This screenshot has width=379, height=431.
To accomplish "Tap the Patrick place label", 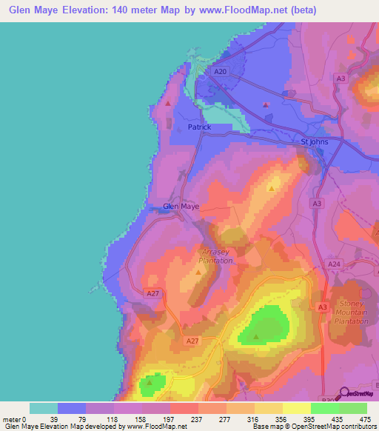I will (x=199, y=127).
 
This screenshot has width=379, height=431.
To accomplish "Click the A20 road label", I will (x=218, y=72).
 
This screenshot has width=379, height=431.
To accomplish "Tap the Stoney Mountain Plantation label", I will (x=353, y=312).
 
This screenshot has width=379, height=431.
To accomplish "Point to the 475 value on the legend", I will (x=352, y=419).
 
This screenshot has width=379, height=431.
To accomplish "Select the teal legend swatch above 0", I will (x=44, y=408).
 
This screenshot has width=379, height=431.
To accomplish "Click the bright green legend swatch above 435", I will (x=324, y=408).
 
